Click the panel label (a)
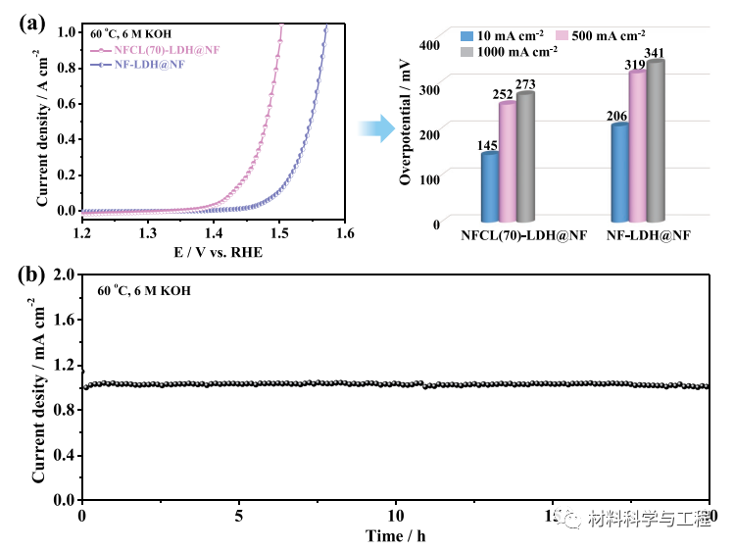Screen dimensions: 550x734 pyautogui.click(x=32, y=23)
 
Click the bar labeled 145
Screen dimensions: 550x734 pyautogui.click(x=490, y=188)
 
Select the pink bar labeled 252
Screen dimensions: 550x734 pyautogui.click(x=508, y=163)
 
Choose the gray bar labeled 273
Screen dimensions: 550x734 pyautogui.click(x=525, y=158)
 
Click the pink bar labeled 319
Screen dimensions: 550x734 pyautogui.click(x=637, y=147)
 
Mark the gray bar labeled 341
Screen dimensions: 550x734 pyautogui.click(x=655, y=142)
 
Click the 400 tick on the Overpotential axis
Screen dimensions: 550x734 pyautogui.click(x=430, y=45)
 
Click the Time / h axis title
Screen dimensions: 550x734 pyautogui.click(x=396, y=536)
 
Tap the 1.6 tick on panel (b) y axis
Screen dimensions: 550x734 pyautogui.click(x=64, y=320)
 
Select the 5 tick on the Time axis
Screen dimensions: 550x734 pyautogui.click(x=239, y=516)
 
